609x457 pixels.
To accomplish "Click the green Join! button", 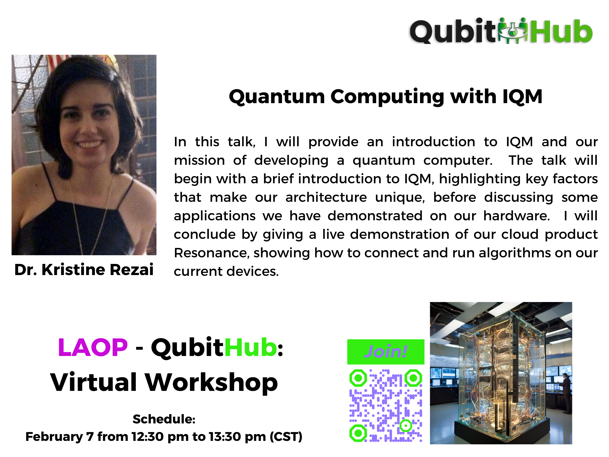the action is (x=385, y=352).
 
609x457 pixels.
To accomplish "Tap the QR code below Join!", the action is (x=386, y=405).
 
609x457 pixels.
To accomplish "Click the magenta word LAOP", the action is (x=93, y=348).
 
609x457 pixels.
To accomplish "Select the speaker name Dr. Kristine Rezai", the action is (x=84, y=269).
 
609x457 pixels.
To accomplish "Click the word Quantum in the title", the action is (x=277, y=97).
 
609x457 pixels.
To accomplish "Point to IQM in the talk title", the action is (x=522, y=97).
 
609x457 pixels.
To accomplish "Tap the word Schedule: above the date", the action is (x=164, y=419).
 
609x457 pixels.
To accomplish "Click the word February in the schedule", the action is (x=54, y=437).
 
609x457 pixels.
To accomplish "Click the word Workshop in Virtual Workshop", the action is (x=211, y=382).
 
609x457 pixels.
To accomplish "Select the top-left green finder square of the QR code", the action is (x=358, y=378).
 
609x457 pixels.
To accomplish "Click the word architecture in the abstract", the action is (x=326, y=197).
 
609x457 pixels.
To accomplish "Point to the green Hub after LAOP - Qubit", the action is (x=251, y=347).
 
